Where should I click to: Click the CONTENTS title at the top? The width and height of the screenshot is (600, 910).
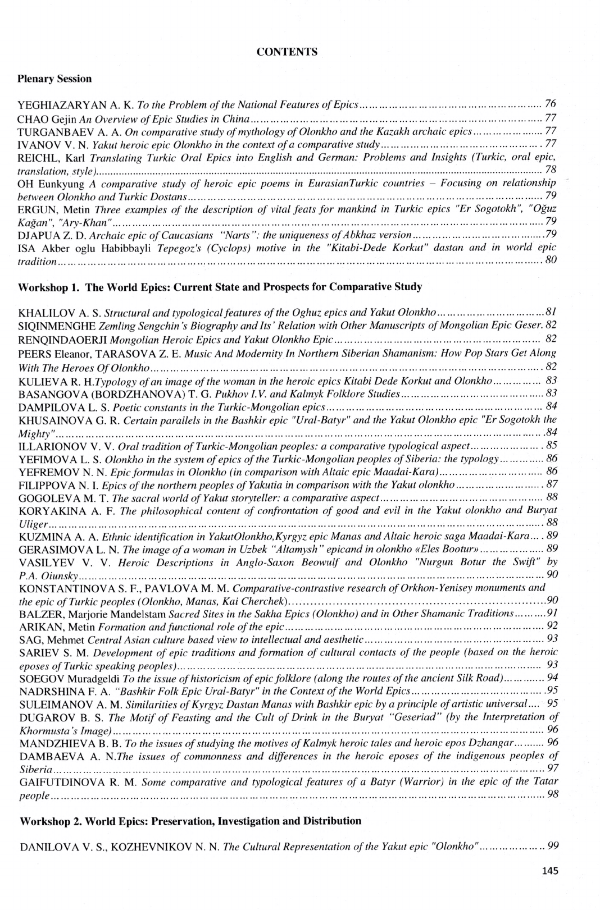click(287, 52)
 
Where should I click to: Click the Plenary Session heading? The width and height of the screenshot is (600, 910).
click(54, 79)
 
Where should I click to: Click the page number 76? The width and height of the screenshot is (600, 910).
click(550, 104)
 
